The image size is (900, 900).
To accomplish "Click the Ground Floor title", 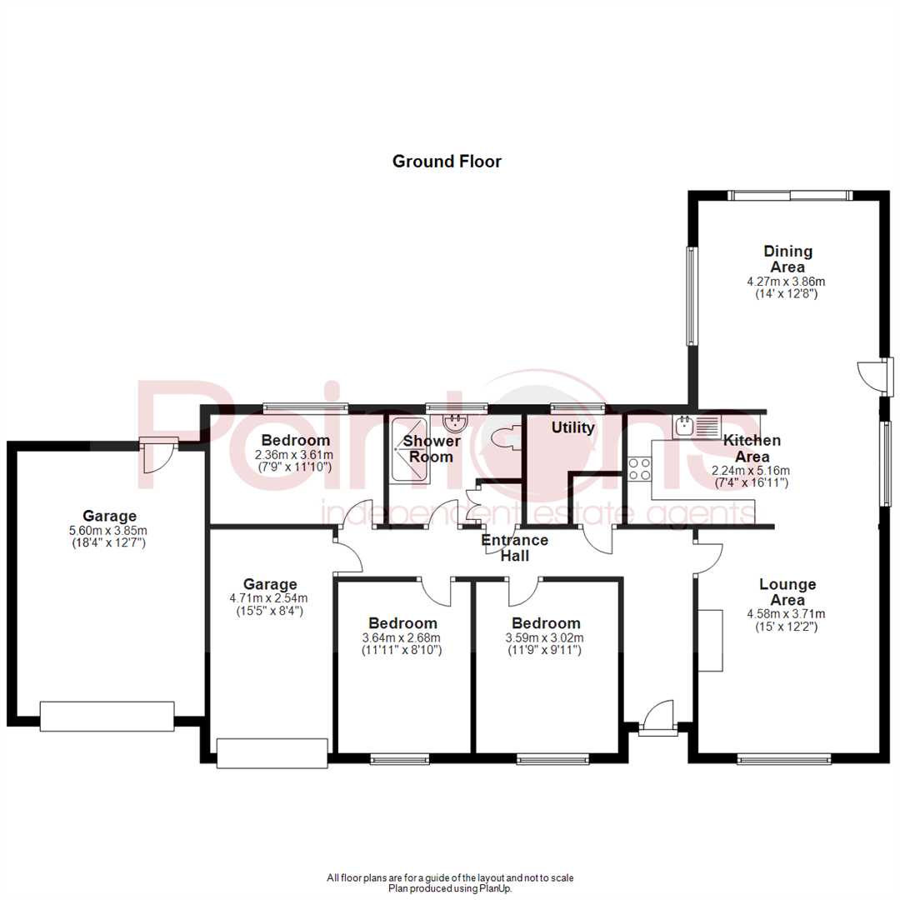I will coord(447,162).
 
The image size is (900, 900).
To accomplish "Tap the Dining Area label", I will coord(787,259).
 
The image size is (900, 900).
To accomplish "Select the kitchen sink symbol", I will coord(695,427).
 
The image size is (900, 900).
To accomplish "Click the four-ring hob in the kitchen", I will coord(639,469).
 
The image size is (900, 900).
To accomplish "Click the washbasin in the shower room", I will coord(455,422).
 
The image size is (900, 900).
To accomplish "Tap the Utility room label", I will coord(573,428).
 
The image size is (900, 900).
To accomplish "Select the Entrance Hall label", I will coord(516,547).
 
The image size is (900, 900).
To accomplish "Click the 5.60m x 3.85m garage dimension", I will coord(109,531).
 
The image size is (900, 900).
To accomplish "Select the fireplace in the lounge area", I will coord(711,641).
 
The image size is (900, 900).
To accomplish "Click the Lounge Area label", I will coord(787,592).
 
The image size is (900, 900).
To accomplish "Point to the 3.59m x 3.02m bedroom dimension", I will coord(546,638).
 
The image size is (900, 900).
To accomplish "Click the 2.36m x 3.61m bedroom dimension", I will coord(296,455).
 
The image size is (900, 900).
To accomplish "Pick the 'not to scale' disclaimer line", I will coord(450,877).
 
